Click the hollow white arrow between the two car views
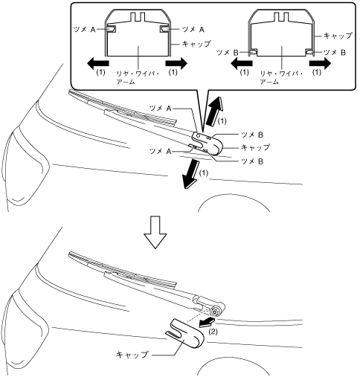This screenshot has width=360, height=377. coord(155,232)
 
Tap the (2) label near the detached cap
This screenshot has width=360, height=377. coord(213,332)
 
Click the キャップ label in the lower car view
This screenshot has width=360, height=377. coord(132,355)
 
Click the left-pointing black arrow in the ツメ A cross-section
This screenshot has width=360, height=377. coord(97,63)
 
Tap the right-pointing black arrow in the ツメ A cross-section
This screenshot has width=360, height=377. coord(176,63)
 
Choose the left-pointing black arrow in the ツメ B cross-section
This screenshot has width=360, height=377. coord(242,63)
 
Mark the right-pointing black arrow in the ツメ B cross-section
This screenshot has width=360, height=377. coord(320,63)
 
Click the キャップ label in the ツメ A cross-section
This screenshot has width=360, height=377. coord(196,44)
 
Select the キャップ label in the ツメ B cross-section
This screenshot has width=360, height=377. coord(338,36)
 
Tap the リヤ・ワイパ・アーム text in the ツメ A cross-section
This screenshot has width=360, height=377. coord(138,78)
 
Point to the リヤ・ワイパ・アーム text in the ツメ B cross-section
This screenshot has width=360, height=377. coord(281,78)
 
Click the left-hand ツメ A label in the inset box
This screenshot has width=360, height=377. coord(85,30)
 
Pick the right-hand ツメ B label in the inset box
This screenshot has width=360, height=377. coord(335,53)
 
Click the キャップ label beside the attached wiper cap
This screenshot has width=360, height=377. coord(255,147)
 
